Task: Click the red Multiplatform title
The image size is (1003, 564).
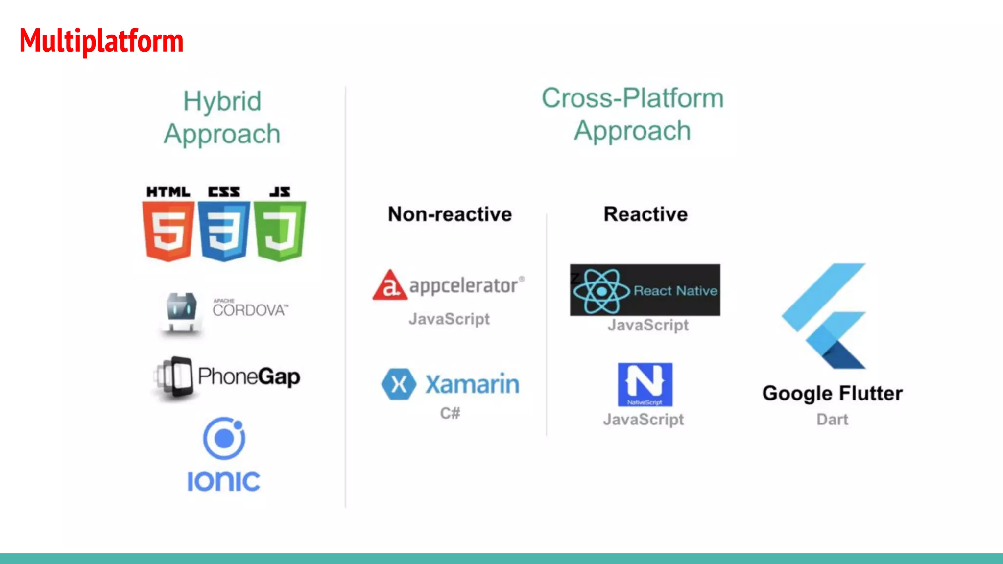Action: (101, 41)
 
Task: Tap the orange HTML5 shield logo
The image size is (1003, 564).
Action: (168, 231)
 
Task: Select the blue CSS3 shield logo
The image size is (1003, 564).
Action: (224, 231)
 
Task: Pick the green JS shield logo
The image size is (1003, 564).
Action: (280, 231)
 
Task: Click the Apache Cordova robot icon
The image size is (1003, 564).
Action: (181, 312)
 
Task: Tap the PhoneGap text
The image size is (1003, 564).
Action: (249, 376)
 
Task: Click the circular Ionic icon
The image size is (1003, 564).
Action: (224, 438)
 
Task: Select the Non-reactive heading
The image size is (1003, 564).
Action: (450, 214)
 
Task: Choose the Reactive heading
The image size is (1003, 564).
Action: (645, 214)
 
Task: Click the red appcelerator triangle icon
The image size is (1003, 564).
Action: (389, 285)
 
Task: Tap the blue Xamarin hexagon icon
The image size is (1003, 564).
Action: (399, 384)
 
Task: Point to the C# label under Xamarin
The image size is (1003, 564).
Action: (450, 413)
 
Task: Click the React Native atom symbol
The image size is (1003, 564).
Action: (601, 291)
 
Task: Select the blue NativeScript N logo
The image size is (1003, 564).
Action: (645, 384)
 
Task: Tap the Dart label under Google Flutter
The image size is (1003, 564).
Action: (832, 420)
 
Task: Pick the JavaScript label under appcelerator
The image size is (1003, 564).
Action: (449, 319)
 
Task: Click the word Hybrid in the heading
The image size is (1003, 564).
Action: (222, 101)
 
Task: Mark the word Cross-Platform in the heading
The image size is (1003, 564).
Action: (632, 98)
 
